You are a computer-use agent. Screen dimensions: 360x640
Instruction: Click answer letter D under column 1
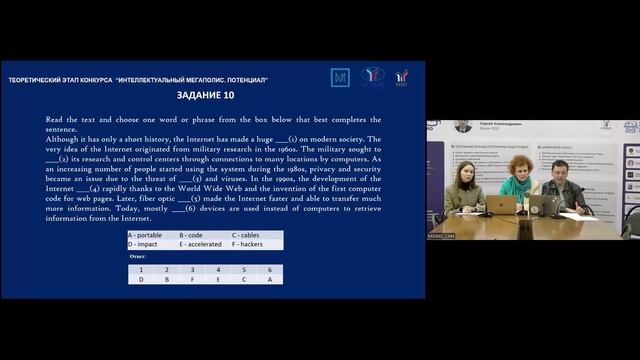[141, 279]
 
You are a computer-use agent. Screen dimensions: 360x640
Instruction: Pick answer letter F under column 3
[193, 279]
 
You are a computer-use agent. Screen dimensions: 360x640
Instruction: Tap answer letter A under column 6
[269, 279]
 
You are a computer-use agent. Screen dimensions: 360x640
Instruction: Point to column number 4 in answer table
[218, 269]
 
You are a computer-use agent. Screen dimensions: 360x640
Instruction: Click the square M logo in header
[340, 77]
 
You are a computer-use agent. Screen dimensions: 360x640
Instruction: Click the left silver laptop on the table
[502, 204]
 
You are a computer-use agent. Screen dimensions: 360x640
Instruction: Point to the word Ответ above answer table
[138, 257]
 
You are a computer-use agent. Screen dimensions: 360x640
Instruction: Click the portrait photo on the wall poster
[463, 127]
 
